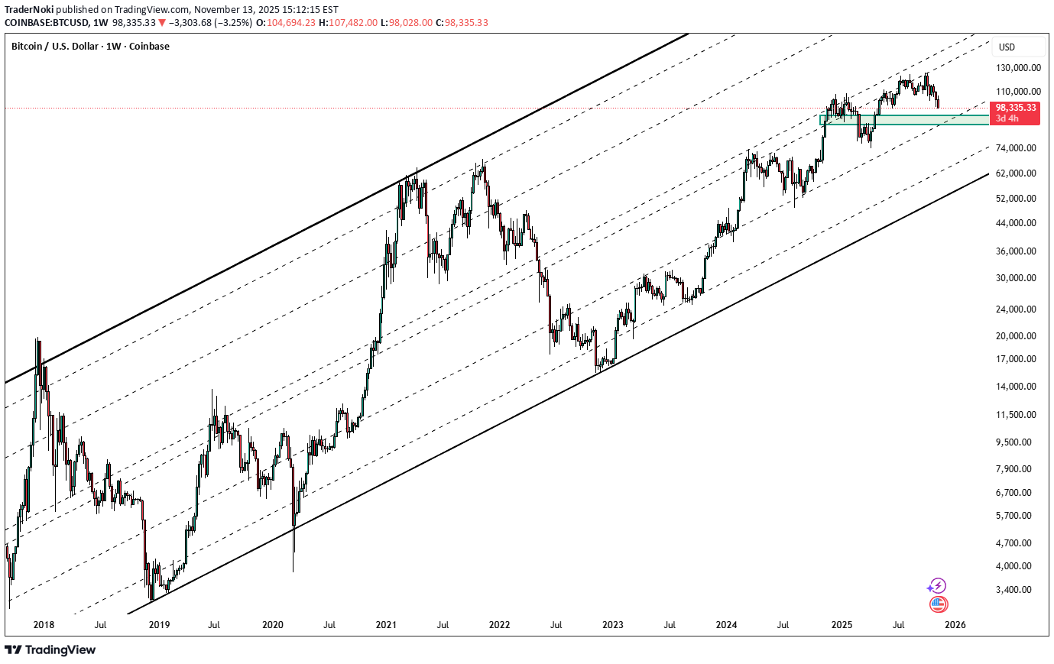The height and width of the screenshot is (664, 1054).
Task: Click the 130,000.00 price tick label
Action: pos(1017,67)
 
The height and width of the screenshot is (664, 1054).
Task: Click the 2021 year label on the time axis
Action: pos(386,624)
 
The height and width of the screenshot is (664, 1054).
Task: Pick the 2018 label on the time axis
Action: pos(44,624)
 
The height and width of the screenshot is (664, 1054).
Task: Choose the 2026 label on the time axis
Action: pos(955,624)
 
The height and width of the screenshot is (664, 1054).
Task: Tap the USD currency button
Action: pos(1007,47)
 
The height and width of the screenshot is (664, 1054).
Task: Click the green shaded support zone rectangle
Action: pos(902,120)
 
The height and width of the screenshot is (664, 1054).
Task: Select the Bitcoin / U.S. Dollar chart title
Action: pos(90,47)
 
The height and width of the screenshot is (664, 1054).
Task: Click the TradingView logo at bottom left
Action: pos(50,649)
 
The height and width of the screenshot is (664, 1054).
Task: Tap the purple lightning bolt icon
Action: pos(938,586)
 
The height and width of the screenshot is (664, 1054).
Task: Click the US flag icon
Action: pos(938,604)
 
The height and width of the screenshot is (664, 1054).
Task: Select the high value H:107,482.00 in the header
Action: pos(348,22)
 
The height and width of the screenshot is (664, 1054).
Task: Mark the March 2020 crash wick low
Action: pos(293,570)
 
